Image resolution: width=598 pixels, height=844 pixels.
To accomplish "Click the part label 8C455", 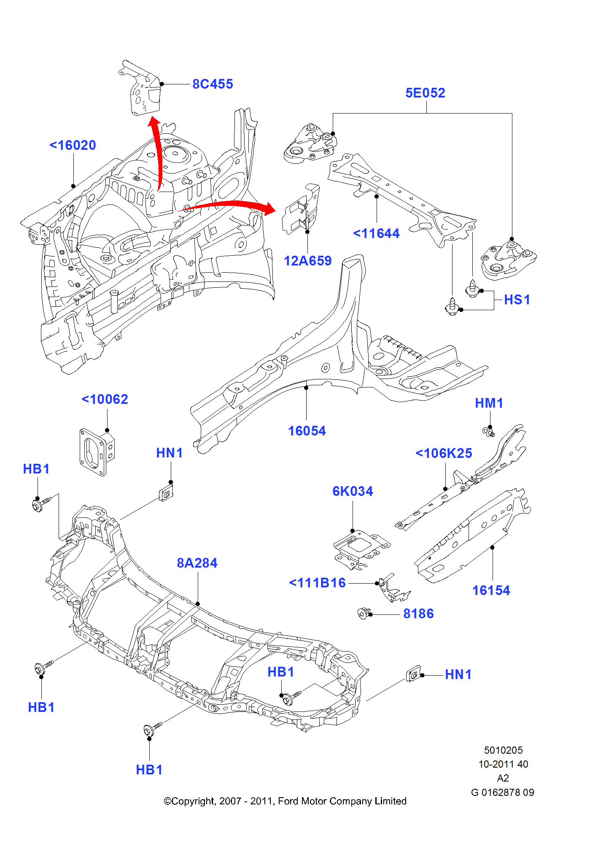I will click(213, 84).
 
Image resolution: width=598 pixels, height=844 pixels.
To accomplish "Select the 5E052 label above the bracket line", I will click(425, 93).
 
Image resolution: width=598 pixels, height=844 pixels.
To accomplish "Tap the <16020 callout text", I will click(73, 145).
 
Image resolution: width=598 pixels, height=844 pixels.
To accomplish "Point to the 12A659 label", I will click(307, 261).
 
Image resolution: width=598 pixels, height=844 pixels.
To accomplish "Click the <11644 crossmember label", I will click(376, 233).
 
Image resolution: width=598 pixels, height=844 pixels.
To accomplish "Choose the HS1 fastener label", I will click(517, 300).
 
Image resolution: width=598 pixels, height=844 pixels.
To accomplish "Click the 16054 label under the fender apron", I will click(307, 431).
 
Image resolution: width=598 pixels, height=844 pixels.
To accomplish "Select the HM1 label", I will click(489, 403).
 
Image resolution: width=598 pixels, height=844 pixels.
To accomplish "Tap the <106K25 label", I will click(444, 453).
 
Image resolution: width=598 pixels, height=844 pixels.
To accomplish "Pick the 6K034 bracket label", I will click(353, 491).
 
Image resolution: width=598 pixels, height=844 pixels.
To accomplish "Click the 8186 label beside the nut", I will click(418, 614).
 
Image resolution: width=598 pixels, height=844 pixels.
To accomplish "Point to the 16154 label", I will click(491, 590).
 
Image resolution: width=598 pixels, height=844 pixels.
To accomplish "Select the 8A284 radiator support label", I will click(197, 563).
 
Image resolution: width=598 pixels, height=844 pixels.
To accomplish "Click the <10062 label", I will click(105, 399).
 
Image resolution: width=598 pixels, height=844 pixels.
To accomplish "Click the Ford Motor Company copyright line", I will click(285, 801).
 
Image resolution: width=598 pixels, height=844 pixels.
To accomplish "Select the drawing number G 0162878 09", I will click(502, 792).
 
